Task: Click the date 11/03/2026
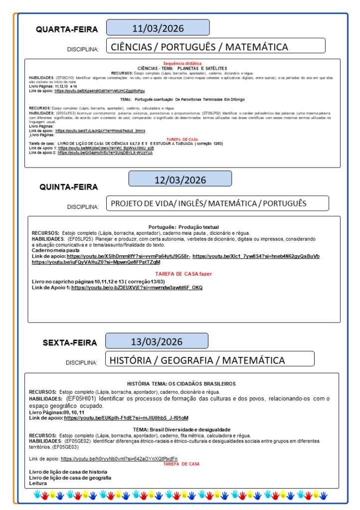pos(158,27)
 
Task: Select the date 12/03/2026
pos(180,179)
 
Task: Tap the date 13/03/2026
pos(157,341)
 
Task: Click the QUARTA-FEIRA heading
pos(67,29)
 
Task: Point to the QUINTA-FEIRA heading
pos(69,187)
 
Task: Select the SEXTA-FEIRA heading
pos(70,343)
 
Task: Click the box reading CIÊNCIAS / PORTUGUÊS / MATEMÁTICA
pos(215,46)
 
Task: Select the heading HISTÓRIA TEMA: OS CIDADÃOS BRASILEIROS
pos(181,384)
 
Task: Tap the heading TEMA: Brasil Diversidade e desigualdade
pos(181,429)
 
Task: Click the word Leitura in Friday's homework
pos(38,483)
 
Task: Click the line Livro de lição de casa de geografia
pos(70,478)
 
